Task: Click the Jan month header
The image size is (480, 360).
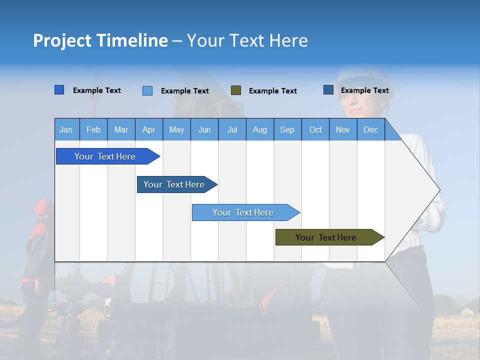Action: (66, 129)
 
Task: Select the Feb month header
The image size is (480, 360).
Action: (93, 129)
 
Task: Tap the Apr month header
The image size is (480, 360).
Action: (149, 129)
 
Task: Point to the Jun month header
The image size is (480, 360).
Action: (204, 129)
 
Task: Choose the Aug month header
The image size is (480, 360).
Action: (260, 129)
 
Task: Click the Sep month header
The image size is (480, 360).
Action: (287, 129)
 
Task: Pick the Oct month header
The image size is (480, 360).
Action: (315, 129)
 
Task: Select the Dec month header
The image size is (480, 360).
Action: (371, 129)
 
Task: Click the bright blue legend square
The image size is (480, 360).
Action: (59, 90)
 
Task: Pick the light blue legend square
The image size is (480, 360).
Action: (147, 90)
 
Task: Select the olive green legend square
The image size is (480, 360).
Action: (236, 90)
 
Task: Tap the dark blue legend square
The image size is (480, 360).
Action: (328, 90)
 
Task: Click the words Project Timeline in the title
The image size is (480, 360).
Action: (100, 40)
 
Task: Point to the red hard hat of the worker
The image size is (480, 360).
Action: (43, 206)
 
